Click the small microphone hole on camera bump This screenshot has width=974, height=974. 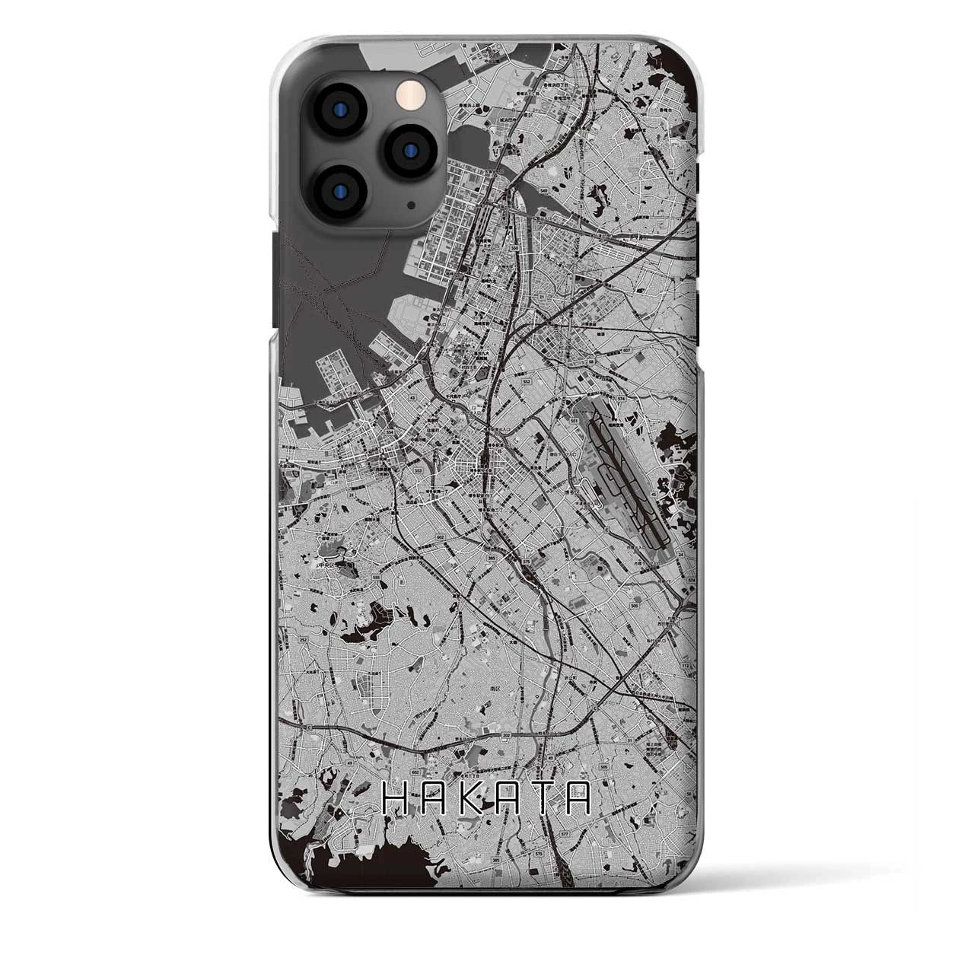coord(410,205)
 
